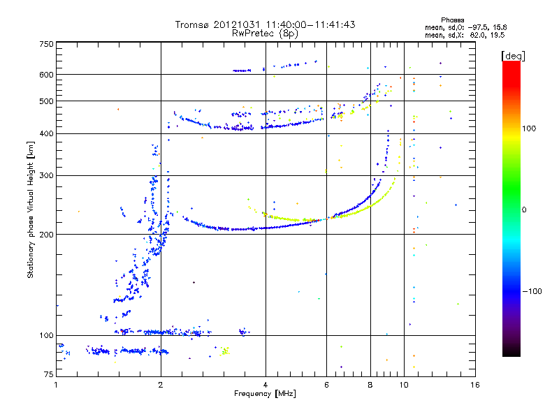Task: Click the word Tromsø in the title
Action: point(194,24)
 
